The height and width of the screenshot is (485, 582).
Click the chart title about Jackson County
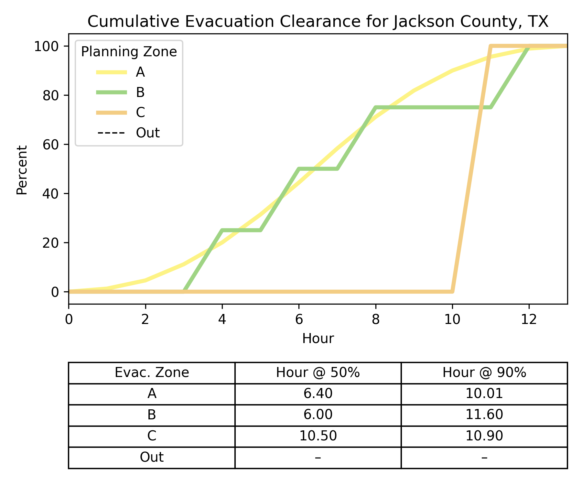pos(318,22)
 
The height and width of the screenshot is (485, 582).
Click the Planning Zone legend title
pos(129,52)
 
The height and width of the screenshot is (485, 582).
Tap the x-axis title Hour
pos(318,339)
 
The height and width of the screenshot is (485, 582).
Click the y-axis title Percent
pos(22,170)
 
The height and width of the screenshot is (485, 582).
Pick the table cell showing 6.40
pos(318,393)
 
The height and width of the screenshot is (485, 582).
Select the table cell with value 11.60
pos(484,415)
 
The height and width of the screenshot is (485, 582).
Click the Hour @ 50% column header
pos(318,372)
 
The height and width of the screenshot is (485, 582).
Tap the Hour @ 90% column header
pos(484,372)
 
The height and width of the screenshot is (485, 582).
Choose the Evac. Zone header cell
pos(152,372)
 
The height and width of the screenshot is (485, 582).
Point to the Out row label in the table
pos(152,457)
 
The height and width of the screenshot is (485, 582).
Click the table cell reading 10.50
pos(318,436)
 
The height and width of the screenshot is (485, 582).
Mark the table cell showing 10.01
pos(484,393)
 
